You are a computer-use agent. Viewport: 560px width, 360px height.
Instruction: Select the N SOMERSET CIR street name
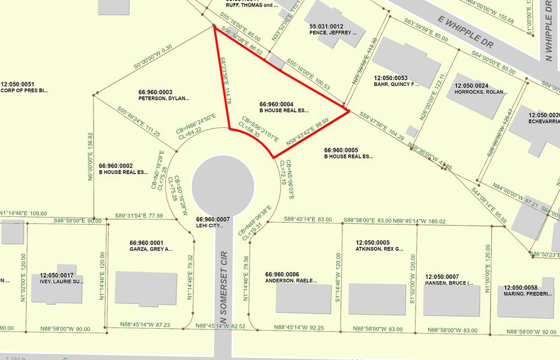[x=223, y=299]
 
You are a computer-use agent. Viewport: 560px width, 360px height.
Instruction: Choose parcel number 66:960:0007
[x=213, y=219]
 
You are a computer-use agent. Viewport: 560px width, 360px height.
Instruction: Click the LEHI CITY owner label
[x=209, y=226]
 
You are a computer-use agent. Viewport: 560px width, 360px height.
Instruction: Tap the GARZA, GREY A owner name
[x=151, y=250]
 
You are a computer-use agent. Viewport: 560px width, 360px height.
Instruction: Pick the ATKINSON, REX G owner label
[x=379, y=250]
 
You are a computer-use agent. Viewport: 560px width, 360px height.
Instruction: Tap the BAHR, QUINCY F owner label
[x=396, y=84]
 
